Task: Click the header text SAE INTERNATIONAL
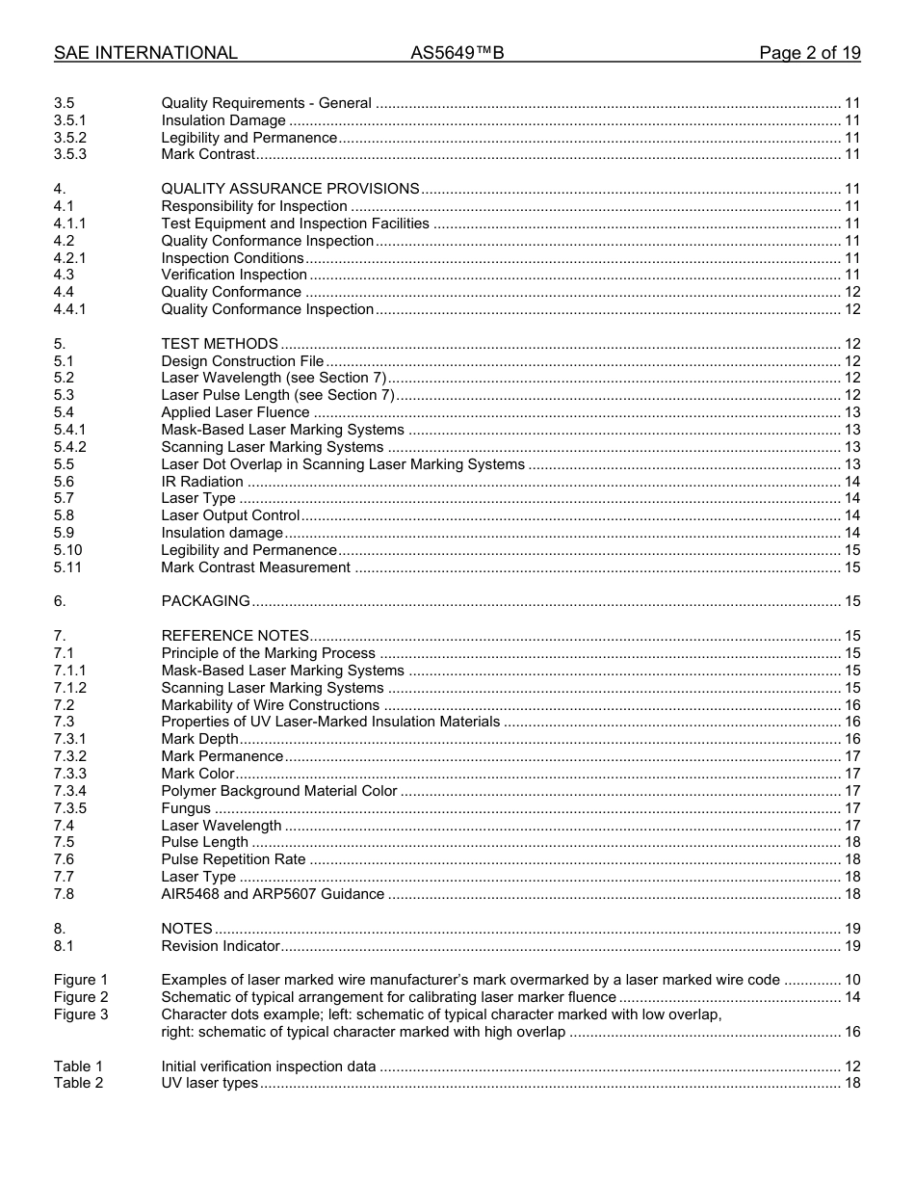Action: click(145, 54)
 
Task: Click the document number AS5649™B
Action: click(457, 54)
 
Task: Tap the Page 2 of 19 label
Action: click(809, 54)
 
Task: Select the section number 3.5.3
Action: click(69, 154)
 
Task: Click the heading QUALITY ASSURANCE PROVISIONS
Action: click(290, 189)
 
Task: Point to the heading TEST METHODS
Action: click(220, 344)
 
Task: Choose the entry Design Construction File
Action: click(242, 361)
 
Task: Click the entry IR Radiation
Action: click(202, 482)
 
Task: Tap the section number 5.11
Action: click(67, 567)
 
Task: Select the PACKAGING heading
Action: click(205, 601)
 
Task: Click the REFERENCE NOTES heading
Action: click(235, 636)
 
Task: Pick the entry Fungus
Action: click(186, 808)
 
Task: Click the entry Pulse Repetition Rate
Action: click(233, 859)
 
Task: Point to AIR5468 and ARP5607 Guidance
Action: click(273, 894)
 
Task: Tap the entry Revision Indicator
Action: click(220, 946)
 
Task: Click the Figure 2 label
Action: click(81, 997)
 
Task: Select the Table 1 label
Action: click(78, 1066)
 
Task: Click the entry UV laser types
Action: click(209, 1083)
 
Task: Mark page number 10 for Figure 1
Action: click(852, 980)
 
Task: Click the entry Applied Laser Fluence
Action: click(235, 412)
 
